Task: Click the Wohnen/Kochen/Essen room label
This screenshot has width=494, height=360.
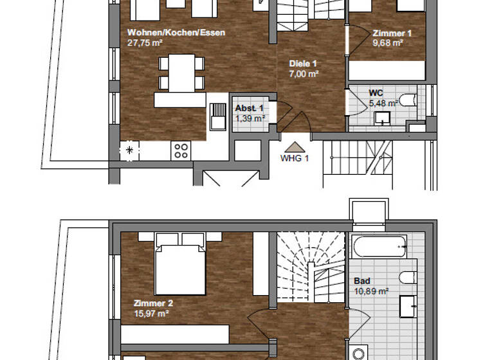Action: [x=176, y=33]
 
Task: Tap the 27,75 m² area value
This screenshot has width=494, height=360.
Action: [x=143, y=43]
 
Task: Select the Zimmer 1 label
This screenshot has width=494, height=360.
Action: [x=392, y=33]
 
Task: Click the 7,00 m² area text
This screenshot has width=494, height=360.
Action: [x=305, y=74]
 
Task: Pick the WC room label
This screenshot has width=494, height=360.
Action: [x=376, y=93]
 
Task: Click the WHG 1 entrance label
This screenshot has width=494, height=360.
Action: [x=295, y=157]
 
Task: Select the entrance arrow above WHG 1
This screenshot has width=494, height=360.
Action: [x=294, y=147]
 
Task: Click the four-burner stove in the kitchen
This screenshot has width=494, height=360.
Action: [x=181, y=150]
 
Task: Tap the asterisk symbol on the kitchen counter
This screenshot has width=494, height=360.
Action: [x=130, y=150]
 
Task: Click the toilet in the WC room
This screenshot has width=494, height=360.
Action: [x=408, y=100]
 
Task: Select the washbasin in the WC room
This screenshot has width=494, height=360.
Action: [x=382, y=118]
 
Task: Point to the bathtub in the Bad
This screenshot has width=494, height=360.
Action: [x=379, y=246]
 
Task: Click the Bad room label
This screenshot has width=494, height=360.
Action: [x=362, y=281]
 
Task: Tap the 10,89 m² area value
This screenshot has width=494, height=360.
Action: [x=371, y=291]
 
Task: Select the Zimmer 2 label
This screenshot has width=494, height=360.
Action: [x=153, y=303]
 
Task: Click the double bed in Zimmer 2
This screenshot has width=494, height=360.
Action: [x=181, y=264]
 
